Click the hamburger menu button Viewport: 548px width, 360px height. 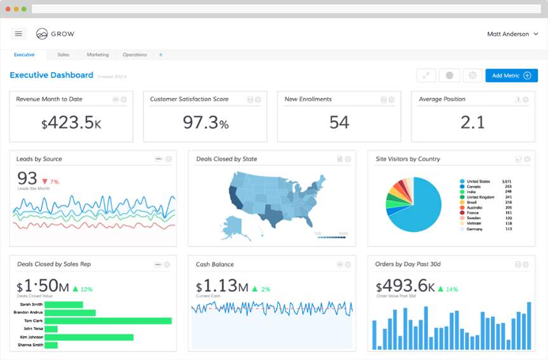pos(19,34)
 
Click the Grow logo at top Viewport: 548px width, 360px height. pos(54,34)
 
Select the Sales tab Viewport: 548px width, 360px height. pos(63,55)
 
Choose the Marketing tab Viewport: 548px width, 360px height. pos(97,55)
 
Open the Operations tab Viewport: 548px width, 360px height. pos(134,55)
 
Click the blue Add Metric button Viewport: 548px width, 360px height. pos(511,75)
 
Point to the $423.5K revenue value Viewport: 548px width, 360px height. pos(70,123)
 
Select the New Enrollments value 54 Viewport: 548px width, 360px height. pos(339,123)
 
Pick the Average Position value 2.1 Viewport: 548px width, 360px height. pos(472,123)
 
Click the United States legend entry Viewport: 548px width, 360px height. pos(479,181)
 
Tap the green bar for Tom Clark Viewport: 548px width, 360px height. pos(108,320)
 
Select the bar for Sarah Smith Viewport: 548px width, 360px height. pos(63,304)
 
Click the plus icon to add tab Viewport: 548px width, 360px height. pos(161,55)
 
